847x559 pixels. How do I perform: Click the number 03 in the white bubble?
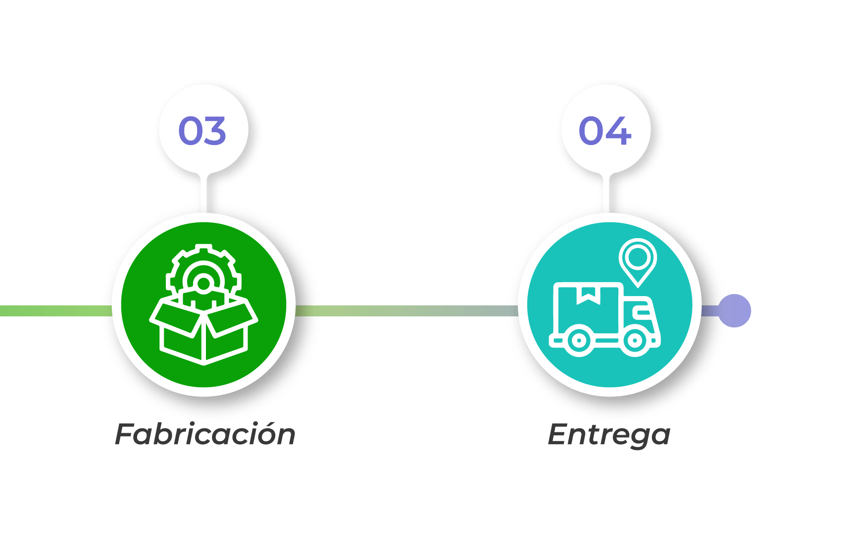pos(202,131)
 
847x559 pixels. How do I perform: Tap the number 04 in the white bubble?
pos(605,131)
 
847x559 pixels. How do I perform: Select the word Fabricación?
pos(205,435)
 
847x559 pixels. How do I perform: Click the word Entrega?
pos(609,435)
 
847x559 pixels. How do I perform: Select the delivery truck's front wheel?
pos(634,341)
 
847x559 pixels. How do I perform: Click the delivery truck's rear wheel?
pos(577,341)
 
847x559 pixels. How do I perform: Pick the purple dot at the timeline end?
pos(735,311)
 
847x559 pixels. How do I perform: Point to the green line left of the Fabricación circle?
pos(54,311)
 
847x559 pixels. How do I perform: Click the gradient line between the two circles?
pos(406,311)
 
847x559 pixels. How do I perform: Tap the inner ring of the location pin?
pos(638,256)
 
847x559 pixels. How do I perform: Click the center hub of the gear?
pos(203,283)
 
